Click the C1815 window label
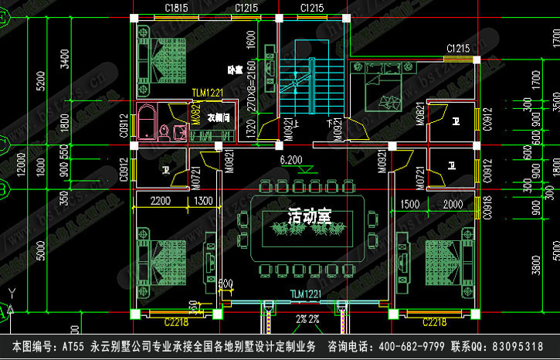coord(176,8)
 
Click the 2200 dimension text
coord(160,201)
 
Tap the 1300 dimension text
coord(205,201)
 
